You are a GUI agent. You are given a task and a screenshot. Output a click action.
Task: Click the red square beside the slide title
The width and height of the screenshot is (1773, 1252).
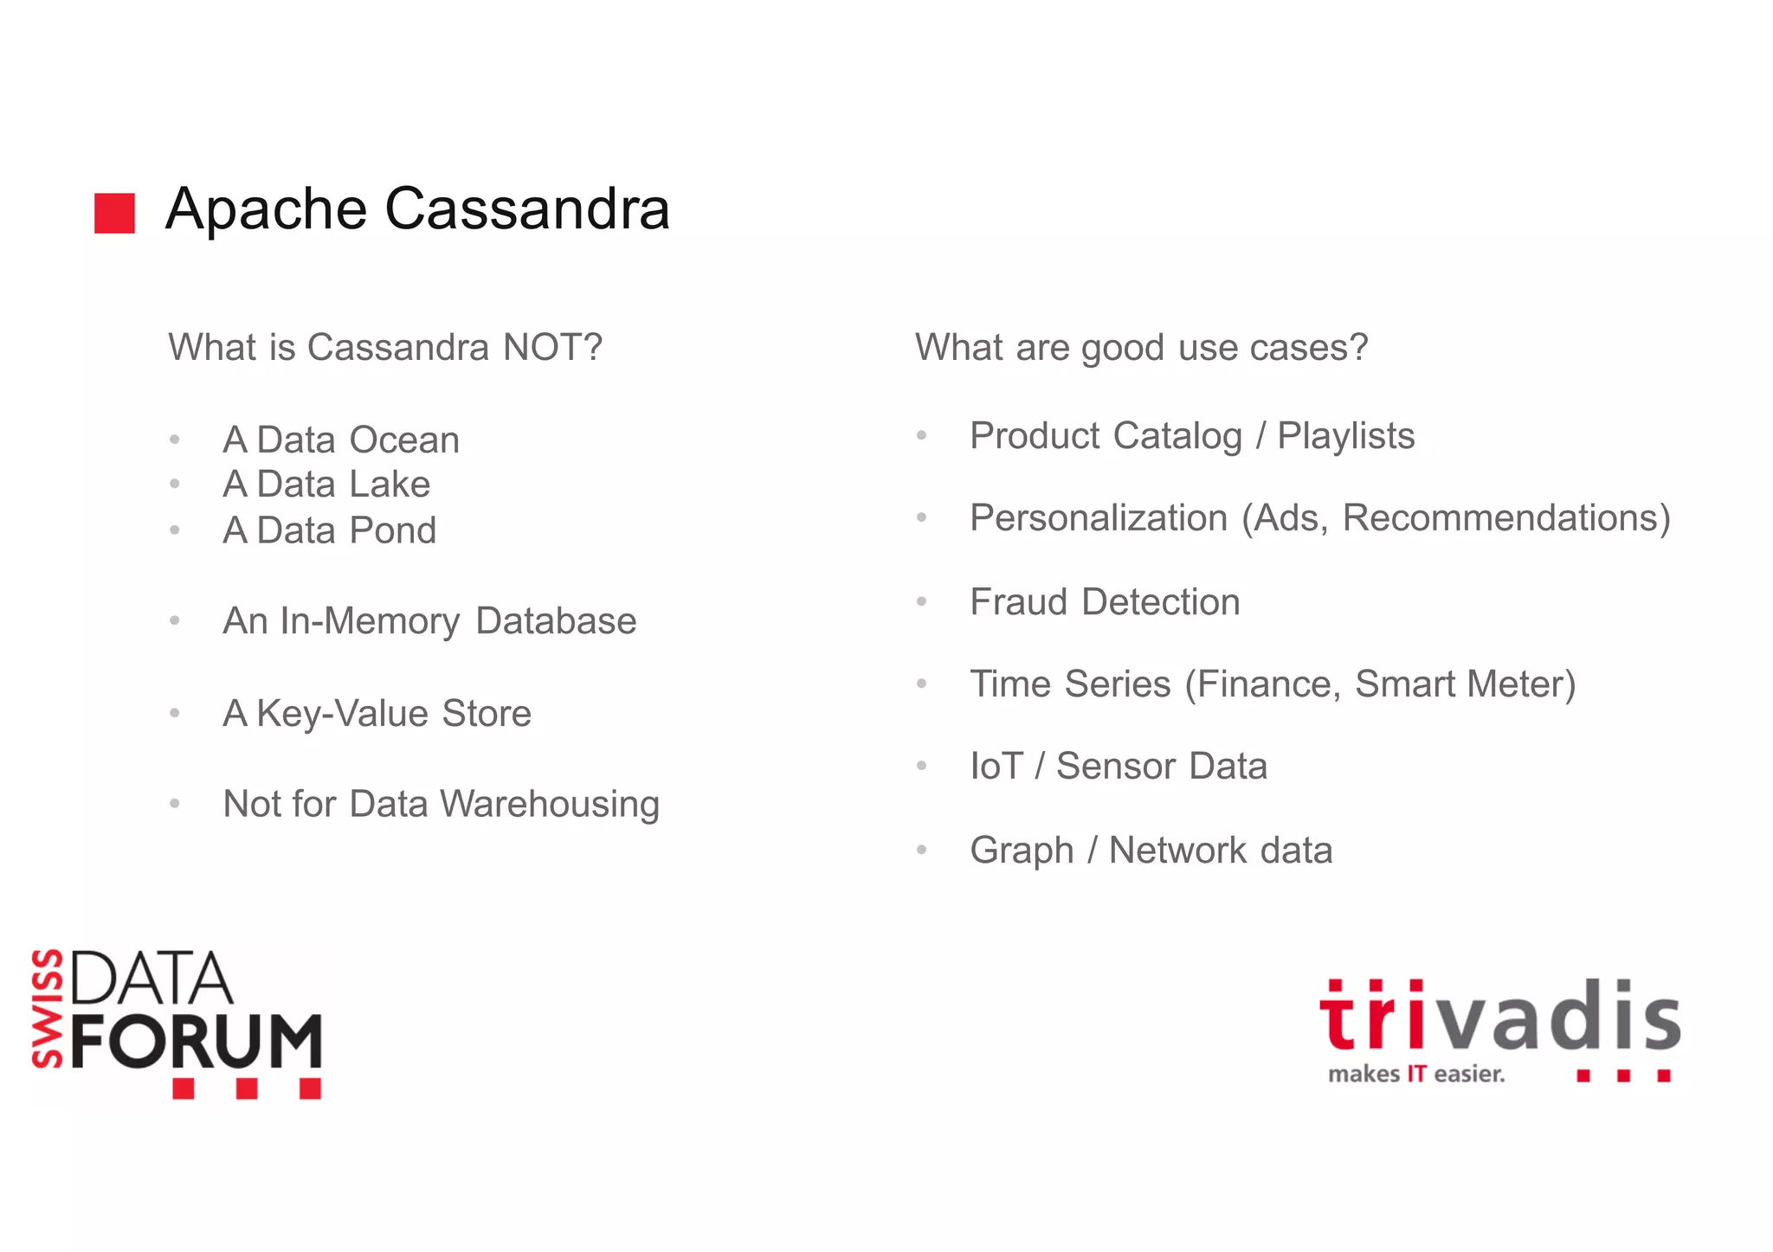(114, 213)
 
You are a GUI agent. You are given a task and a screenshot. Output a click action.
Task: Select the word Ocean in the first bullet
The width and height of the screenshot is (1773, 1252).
(403, 440)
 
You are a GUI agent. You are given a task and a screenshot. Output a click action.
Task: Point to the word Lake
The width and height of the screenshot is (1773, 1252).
(389, 485)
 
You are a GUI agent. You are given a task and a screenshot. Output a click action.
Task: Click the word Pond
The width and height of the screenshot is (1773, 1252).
(392, 530)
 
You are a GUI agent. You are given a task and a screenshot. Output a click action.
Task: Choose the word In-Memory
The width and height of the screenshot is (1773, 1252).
(370, 621)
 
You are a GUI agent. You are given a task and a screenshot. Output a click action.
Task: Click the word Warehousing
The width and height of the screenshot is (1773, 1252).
(550, 805)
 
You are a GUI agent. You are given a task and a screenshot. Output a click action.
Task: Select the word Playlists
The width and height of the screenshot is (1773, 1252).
(1345, 436)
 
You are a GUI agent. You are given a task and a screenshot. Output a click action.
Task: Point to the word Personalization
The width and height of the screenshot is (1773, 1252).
(1098, 518)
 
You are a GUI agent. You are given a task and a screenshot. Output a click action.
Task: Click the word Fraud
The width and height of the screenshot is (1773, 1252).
(1018, 602)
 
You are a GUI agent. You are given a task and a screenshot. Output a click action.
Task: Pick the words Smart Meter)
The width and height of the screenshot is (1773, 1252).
(1465, 684)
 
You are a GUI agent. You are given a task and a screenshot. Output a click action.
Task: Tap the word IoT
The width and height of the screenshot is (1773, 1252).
(996, 767)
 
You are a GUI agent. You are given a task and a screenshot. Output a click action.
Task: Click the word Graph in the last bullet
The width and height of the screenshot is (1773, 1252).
(1022, 851)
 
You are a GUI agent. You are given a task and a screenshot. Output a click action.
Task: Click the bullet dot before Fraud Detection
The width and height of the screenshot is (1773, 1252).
(922, 601)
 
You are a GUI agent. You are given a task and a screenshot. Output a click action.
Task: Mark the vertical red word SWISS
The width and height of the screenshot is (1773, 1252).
(48, 1008)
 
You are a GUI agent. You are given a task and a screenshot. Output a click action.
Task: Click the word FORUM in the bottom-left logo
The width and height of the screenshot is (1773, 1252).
(197, 1042)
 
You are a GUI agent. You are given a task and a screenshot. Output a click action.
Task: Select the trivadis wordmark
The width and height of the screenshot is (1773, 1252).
(1499, 1018)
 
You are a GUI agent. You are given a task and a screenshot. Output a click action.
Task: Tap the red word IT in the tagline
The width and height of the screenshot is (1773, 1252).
(1416, 1075)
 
